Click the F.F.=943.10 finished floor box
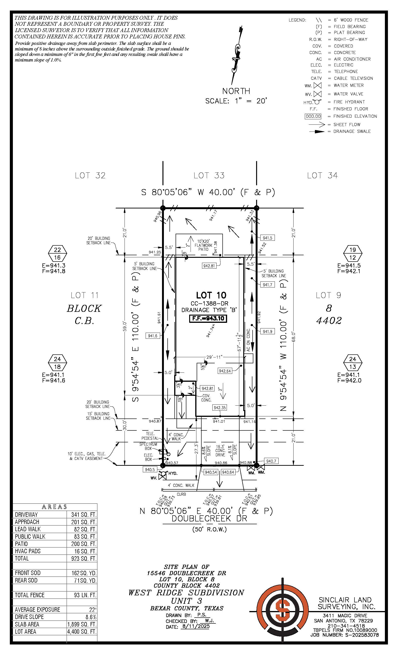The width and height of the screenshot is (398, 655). [208, 318]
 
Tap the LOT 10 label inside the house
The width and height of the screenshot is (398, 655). [211, 295]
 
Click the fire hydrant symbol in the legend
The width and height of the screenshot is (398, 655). [317, 102]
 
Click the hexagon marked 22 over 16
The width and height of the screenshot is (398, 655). [57, 254]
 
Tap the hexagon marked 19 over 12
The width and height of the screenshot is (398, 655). [353, 254]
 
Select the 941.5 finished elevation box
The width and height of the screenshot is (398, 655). [267, 238]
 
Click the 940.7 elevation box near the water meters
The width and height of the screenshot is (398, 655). [271, 461]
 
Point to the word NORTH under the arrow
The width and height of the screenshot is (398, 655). [236, 91]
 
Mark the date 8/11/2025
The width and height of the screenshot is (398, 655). [195, 626]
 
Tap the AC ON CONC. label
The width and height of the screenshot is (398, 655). [248, 340]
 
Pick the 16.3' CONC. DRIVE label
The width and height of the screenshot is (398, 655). [220, 451]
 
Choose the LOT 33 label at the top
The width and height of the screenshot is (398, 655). [209, 175]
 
